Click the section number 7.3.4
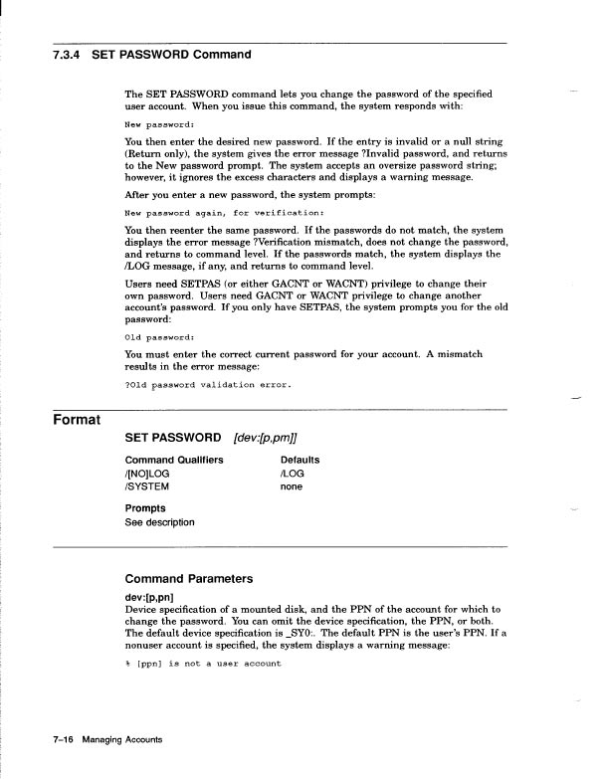click(x=67, y=54)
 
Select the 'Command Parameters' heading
click(x=189, y=578)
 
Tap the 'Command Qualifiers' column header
click(x=174, y=460)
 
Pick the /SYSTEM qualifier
click(x=147, y=487)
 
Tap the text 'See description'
click(x=160, y=522)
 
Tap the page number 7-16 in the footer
click(x=68, y=740)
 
